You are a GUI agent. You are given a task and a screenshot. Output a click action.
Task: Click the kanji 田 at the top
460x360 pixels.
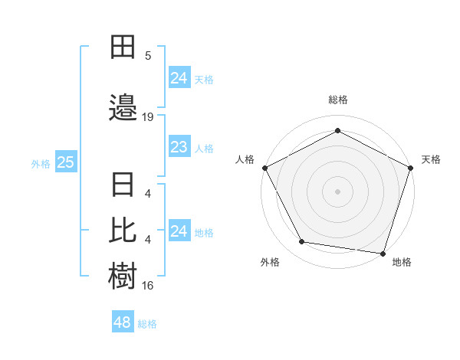(122, 47)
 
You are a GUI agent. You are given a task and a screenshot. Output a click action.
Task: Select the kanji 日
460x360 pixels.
(122, 186)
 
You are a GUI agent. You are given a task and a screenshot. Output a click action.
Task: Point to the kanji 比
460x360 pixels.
(122, 229)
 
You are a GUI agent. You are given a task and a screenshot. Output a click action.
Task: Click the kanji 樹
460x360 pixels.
(122, 275)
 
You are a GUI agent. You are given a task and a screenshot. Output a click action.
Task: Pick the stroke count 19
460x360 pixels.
(148, 117)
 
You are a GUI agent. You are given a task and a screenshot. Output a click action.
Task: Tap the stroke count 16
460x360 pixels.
(148, 286)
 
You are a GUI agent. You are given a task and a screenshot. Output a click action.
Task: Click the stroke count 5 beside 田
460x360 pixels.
(148, 56)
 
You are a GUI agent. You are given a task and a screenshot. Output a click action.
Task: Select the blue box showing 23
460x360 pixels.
(179, 147)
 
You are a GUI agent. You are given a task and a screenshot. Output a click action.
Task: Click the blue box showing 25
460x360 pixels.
(65, 162)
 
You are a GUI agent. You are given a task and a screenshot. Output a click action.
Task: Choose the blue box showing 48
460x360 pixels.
(122, 322)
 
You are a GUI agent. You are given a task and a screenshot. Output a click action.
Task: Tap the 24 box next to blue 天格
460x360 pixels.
(179, 78)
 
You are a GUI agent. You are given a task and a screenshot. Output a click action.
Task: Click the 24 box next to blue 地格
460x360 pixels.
(179, 231)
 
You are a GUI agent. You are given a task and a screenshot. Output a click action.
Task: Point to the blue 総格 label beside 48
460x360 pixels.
(147, 324)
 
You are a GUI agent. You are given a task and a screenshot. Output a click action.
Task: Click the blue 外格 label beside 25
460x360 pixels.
(41, 163)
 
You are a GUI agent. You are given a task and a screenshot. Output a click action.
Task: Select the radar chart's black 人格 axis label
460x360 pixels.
(245, 159)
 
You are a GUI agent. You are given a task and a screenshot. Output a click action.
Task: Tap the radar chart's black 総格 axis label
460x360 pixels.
(337, 100)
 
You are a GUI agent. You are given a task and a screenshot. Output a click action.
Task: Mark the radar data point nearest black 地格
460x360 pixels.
(383, 253)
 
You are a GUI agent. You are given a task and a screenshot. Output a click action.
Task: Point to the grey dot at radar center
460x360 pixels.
(337, 191)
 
